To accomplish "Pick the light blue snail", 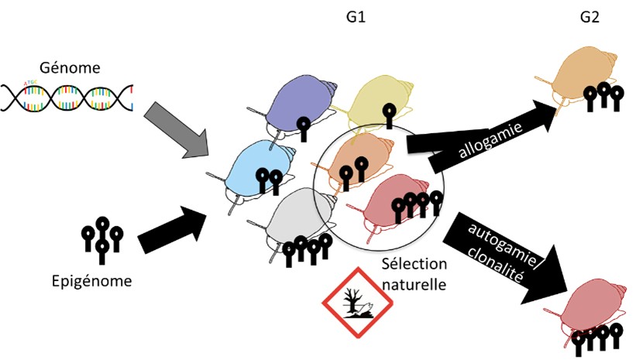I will [256, 170].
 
